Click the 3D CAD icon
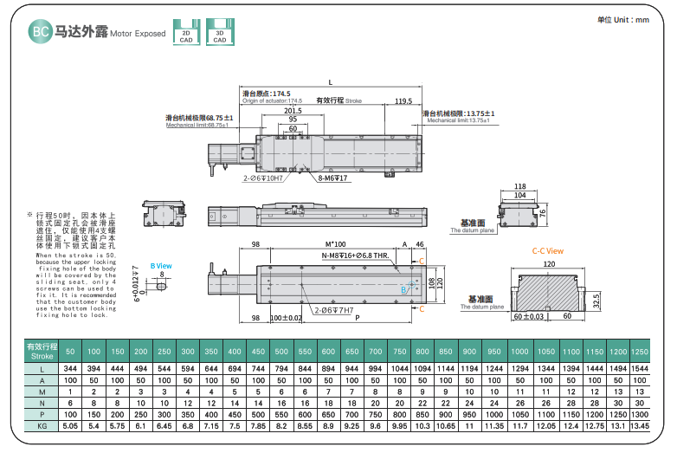point(220,31)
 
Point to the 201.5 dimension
point(293,111)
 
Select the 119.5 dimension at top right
point(403,101)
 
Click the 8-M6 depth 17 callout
point(332,178)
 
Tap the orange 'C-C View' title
point(547,250)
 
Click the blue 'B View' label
point(161,265)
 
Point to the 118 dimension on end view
point(519,186)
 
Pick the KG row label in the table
point(42,426)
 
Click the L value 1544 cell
point(640,370)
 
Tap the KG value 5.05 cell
point(71,426)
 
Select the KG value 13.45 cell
point(640,426)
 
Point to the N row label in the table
point(42,403)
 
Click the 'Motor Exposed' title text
point(139,34)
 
